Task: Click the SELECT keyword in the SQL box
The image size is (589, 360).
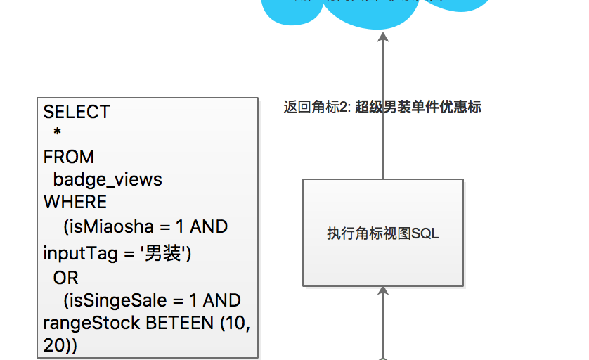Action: (x=77, y=112)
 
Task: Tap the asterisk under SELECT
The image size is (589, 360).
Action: (x=58, y=134)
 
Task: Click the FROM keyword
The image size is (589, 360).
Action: (x=68, y=157)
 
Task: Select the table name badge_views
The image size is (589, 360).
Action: (x=108, y=179)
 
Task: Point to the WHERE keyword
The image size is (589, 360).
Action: (x=75, y=202)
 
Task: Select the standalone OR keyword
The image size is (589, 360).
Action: (x=66, y=278)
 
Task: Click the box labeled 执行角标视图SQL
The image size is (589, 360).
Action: (x=382, y=233)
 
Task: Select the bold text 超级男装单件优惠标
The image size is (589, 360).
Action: (x=418, y=108)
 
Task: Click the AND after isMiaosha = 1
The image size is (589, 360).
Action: (x=209, y=226)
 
